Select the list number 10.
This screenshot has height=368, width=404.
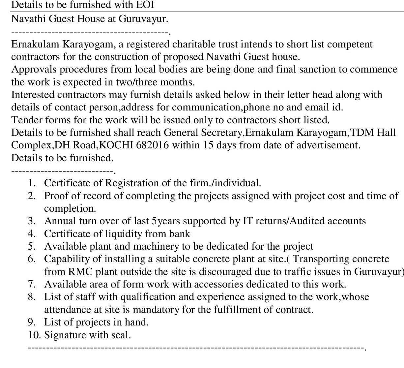(34, 335)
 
